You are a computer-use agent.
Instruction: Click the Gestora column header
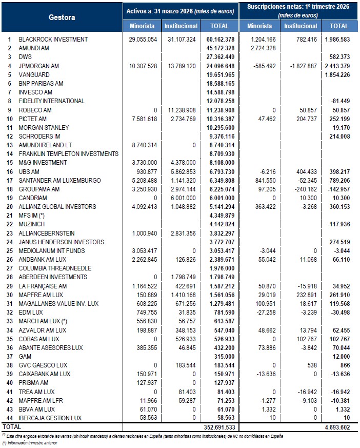[x=62, y=17]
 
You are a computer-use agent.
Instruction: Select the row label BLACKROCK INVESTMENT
[x=53, y=39]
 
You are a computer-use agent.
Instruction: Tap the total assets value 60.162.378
[x=221, y=39]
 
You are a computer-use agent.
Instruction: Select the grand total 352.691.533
[x=218, y=426]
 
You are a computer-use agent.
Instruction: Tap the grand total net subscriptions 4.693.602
[x=336, y=426]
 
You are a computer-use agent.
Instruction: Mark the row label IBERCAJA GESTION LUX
[x=50, y=418]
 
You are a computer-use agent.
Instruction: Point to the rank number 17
[x=9, y=180]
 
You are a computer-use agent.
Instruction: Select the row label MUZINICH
[x=32, y=224]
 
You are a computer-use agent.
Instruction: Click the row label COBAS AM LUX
[x=39, y=339]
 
